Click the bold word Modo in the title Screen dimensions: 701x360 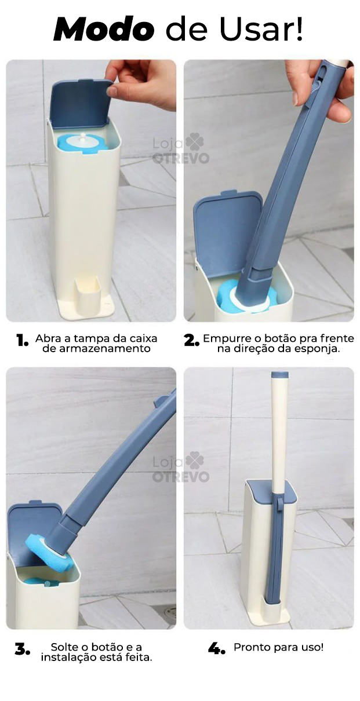[104, 29]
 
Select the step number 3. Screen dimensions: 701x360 [22, 650]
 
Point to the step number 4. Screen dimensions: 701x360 [216, 649]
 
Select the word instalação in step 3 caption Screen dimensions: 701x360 [67, 658]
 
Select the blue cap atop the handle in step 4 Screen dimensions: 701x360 [280, 376]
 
